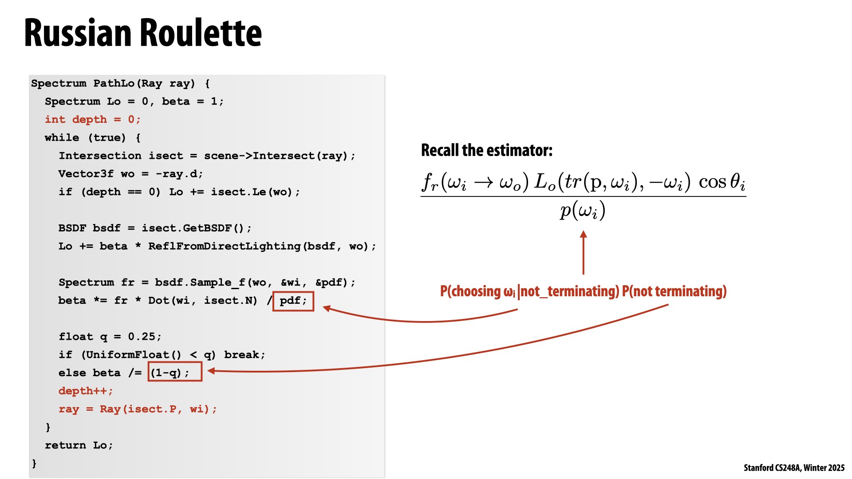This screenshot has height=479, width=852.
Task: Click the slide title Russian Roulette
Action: [143, 33]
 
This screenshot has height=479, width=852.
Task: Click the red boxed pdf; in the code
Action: [293, 301]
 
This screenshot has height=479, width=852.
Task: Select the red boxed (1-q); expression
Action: [175, 372]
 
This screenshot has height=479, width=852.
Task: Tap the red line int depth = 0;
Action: [92, 120]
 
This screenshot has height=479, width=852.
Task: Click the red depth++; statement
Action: [86, 391]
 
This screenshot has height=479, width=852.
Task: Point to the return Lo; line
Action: [79, 445]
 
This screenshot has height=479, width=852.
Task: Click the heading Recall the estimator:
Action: [486, 150]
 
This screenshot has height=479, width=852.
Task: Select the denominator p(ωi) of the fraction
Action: [583, 211]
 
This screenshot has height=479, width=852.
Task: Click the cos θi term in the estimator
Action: [722, 182]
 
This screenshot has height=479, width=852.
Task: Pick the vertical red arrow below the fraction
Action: [583, 253]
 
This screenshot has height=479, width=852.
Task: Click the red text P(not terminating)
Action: [674, 291]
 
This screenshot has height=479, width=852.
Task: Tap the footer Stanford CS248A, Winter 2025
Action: [794, 468]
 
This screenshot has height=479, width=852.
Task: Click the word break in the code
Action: [243, 355]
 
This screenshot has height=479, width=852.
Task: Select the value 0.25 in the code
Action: [142, 337]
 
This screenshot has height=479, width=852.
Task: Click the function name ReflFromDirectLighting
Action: [224, 247]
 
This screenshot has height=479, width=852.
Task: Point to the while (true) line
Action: [92, 138]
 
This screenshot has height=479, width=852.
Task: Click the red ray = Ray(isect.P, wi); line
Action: [138, 409]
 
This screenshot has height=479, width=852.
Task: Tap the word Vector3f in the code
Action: [86, 174]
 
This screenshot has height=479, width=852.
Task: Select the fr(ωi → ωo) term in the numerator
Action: [475, 182]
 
